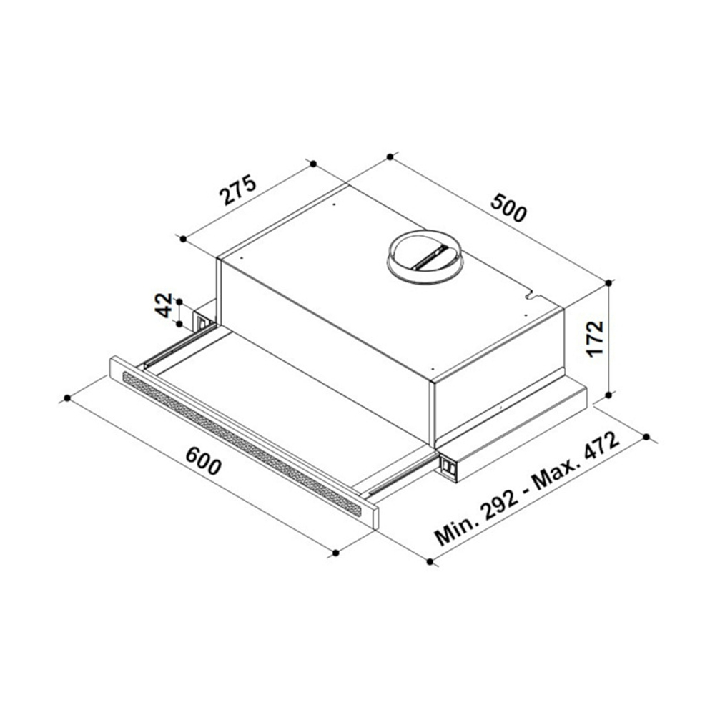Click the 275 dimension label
[238, 189]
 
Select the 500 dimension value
[508, 207]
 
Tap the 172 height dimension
[595, 339]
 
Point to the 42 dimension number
[164, 305]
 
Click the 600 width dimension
[204, 460]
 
